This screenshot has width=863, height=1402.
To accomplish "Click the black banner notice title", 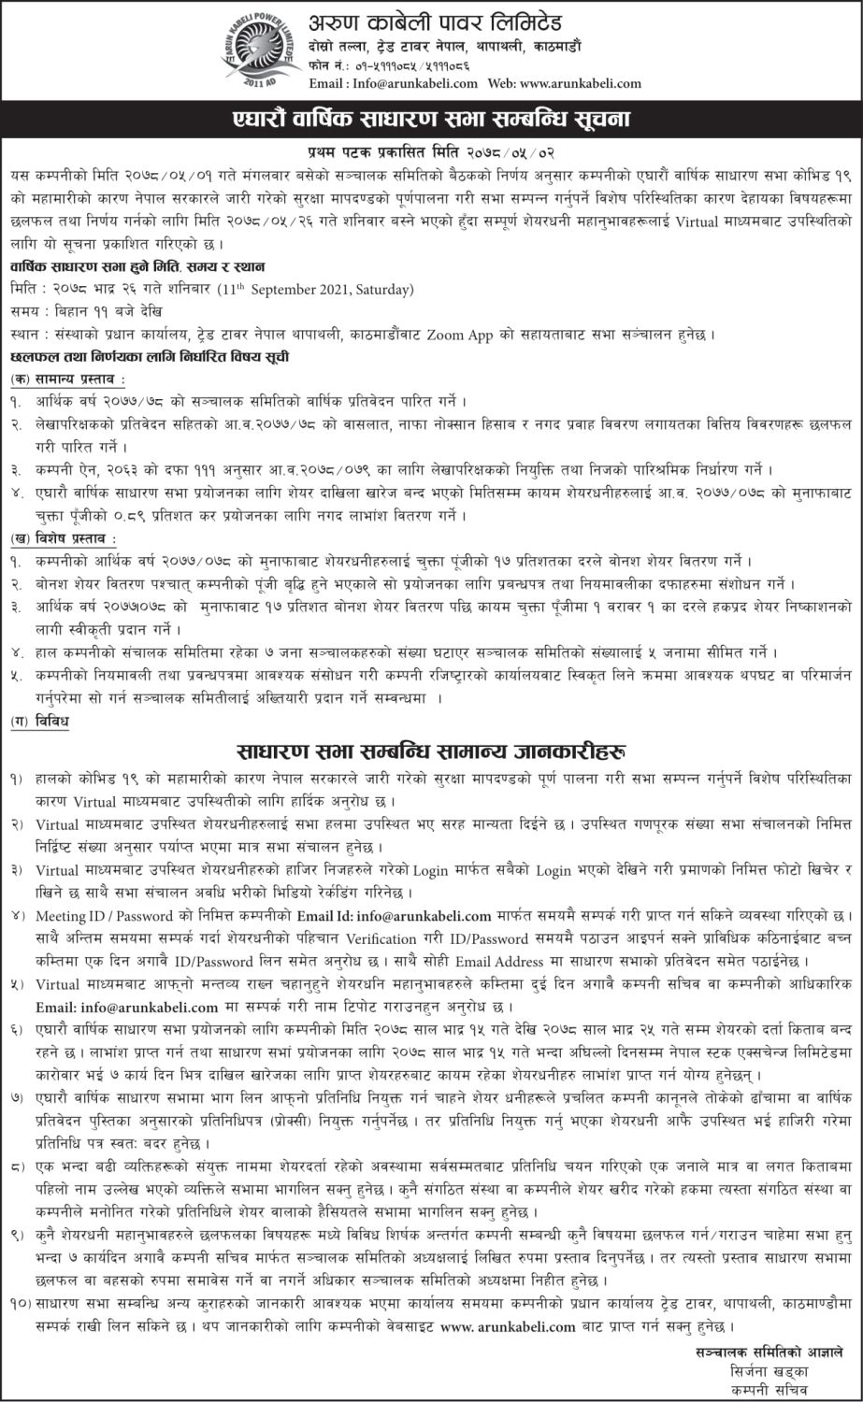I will [431, 119].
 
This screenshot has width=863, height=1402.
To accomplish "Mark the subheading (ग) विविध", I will [39, 722].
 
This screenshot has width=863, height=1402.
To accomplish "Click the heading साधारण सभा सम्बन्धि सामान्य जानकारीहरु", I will [431, 751].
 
